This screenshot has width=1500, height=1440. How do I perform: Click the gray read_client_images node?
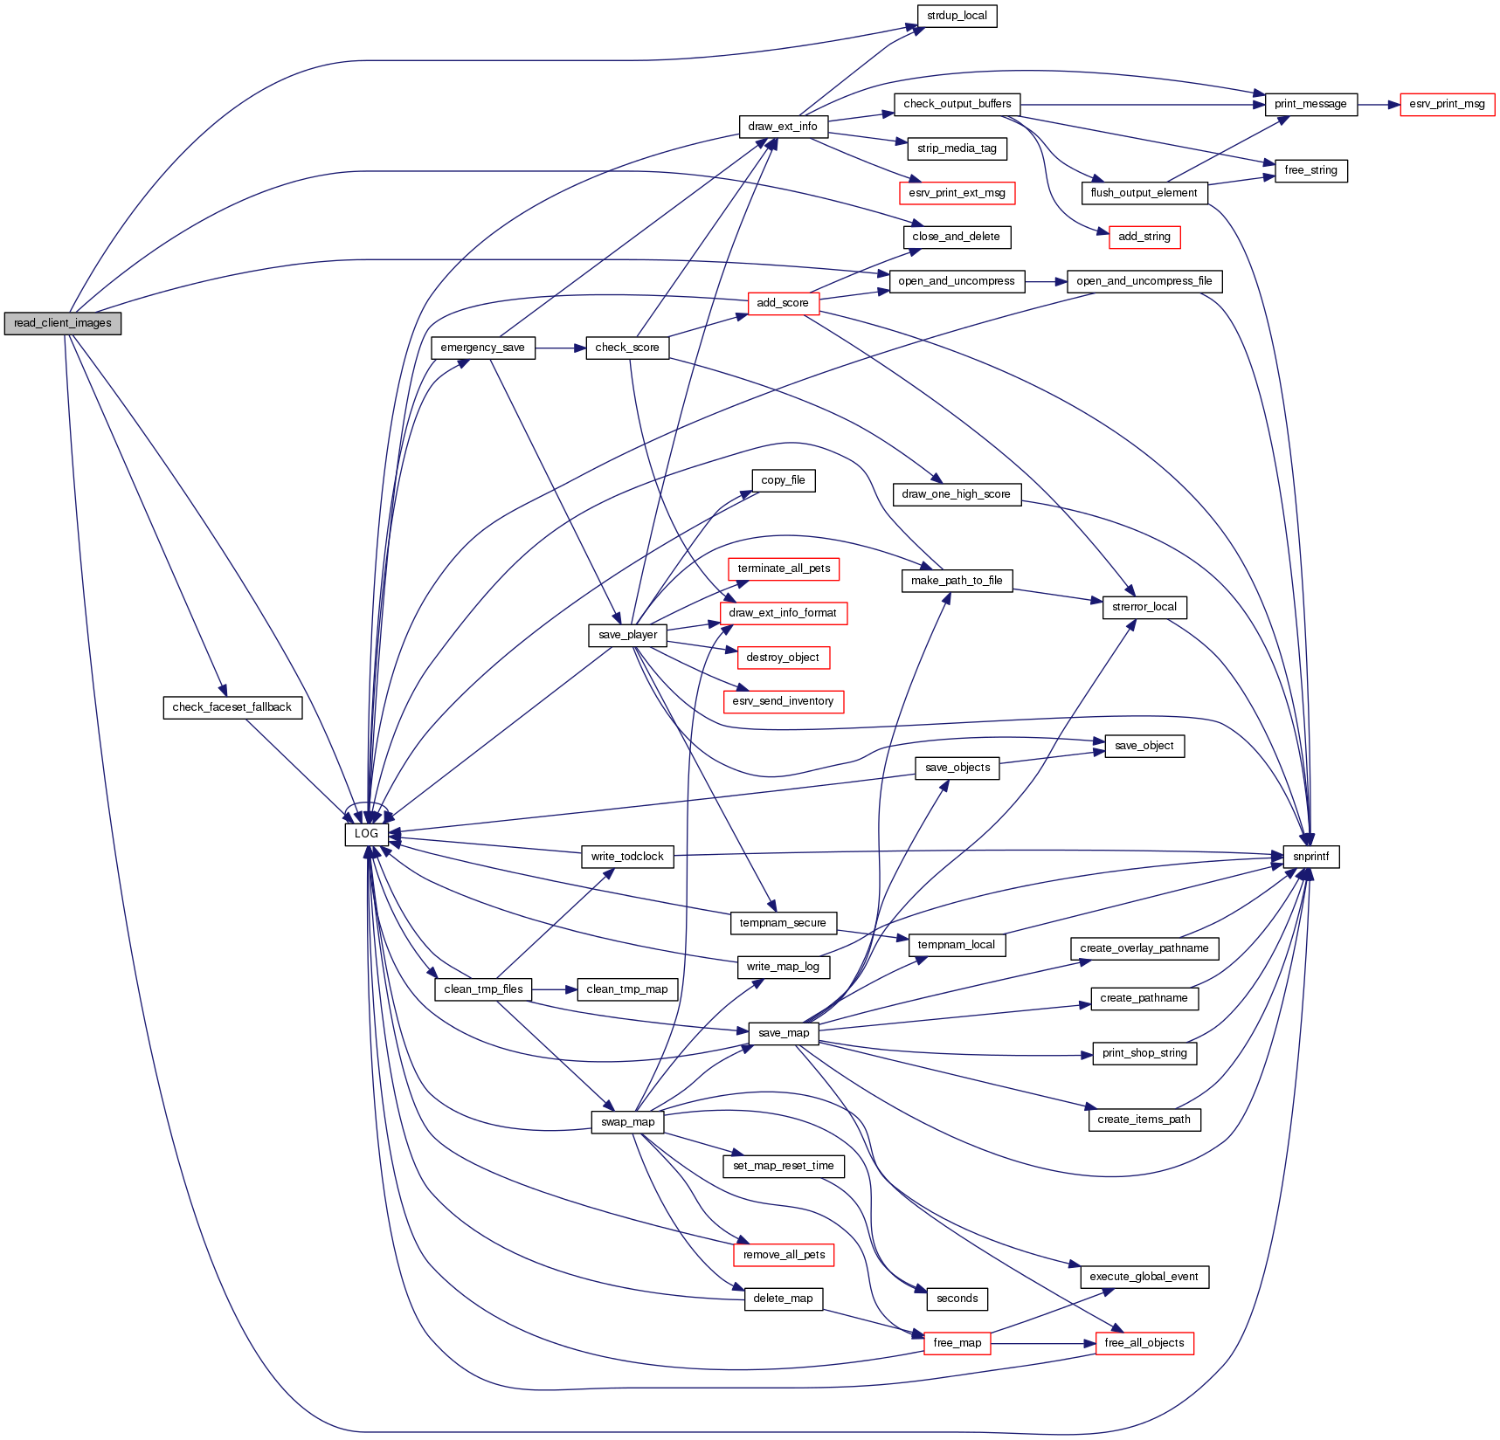coord(62,323)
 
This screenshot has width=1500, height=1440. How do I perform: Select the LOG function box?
coord(366,834)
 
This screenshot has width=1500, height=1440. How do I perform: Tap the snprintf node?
coord(1310,857)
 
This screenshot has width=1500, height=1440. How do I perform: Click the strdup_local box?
coord(957,16)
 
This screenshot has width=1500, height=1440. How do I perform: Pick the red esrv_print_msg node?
coord(1447,104)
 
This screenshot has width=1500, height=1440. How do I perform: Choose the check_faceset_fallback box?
coord(232,707)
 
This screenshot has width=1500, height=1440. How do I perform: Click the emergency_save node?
coord(482,348)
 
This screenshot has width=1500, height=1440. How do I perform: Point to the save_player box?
coord(627,635)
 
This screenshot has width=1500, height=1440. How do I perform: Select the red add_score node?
coord(783,303)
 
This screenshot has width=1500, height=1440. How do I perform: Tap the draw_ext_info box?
coord(783,127)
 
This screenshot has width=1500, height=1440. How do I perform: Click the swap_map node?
coord(627,1122)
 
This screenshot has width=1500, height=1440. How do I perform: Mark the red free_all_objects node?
coord(1144,1343)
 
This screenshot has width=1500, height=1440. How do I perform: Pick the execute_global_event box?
coord(1144,1277)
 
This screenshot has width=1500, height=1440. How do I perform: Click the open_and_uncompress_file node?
coord(1144,281)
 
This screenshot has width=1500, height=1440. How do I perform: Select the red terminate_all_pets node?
coord(784,568)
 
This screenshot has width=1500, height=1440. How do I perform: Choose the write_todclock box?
coord(627,857)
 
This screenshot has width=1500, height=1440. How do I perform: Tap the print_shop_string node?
coord(1144,1053)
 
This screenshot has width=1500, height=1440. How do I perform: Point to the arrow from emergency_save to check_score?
coord(560,348)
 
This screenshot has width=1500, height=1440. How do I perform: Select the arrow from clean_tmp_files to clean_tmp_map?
coord(554,989)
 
